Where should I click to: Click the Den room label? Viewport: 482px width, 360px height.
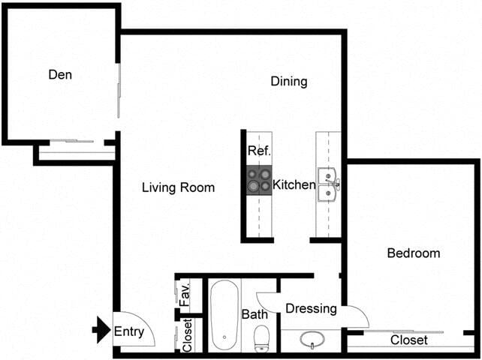(61, 74)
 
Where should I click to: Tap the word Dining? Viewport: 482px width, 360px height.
(289, 81)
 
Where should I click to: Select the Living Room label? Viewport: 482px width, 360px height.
(178, 187)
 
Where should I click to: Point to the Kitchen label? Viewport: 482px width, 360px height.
(294, 184)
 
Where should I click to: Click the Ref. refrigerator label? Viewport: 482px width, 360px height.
(259, 151)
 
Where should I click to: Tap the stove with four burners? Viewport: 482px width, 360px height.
(260, 180)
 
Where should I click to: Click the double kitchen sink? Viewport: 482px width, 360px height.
(328, 184)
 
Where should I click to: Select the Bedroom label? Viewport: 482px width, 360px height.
(413, 253)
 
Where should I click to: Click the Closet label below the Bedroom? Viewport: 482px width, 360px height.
(409, 340)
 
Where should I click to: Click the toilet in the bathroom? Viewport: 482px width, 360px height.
(261, 337)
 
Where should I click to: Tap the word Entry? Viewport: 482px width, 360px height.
(130, 330)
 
